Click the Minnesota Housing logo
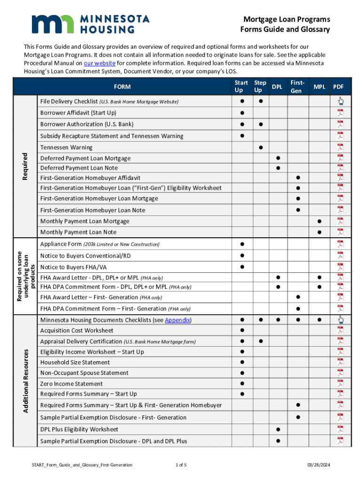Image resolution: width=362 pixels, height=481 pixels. click(x=90, y=24)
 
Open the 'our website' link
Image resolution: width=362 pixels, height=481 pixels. click(x=99, y=63)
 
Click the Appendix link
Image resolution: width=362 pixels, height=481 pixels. click(x=177, y=320)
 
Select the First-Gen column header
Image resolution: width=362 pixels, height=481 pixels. click(x=296, y=86)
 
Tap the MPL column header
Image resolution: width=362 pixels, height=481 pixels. click(x=320, y=87)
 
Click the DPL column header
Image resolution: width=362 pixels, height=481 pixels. click(x=277, y=87)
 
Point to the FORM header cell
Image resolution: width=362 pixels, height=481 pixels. click(x=122, y=86)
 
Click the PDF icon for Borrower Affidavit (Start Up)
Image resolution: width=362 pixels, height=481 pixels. click(x=340, y=113)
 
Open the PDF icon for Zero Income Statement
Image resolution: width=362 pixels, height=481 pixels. click(x=340, y=383)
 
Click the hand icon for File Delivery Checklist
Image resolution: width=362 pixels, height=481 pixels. click(x=340, y=101)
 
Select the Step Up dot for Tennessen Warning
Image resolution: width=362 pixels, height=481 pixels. click(x=260, y=147)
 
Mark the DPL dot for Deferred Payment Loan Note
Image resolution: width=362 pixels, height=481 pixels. click(x=278, y=168)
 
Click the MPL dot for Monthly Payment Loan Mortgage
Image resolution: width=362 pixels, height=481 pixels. click(x=319, y=221)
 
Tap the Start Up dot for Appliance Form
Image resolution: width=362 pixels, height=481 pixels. click(x=242, y=244)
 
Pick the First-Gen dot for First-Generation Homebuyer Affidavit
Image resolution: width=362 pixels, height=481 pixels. click(x=297, y=178)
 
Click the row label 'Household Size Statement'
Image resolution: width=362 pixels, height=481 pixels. click(x=75, y=362)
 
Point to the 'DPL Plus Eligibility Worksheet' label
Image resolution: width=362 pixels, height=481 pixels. click(x=79, y=429)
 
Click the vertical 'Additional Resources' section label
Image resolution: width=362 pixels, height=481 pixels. click(x=27, y=380)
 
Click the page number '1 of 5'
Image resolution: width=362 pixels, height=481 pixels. click(x=181, y=465)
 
